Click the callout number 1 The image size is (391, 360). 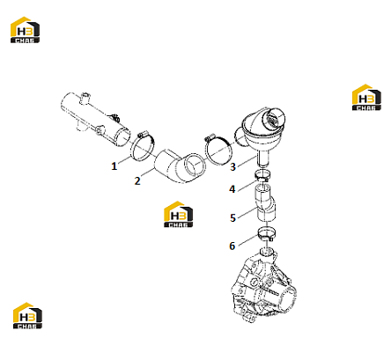(x=114, y=166)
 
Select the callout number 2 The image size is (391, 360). (x=137, y=180)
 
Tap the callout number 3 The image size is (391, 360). (x=232, y=166)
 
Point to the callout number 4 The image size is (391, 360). (x=232, y=189)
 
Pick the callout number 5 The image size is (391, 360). (x=232, y=217)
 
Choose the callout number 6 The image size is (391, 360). (x=232, y=246)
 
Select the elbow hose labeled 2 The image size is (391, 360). (x=179, y=165)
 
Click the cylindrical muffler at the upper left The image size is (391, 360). (x=95, y=119)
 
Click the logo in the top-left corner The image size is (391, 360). (x=25, y=30)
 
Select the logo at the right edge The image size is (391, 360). (x=366, y=98)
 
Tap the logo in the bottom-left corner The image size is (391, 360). (x=27, y=316)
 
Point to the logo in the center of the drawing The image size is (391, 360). (x=178, y=214)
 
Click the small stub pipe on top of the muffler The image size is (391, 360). (x=85, y=98)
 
